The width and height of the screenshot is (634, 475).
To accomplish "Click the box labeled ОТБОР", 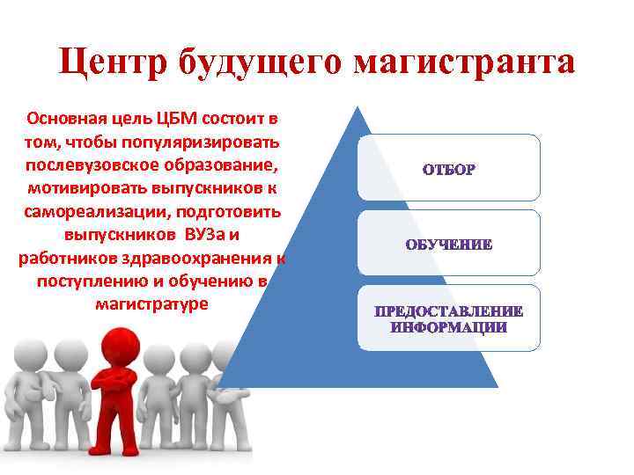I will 448,168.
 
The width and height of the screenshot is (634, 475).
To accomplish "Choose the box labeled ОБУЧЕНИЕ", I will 448,244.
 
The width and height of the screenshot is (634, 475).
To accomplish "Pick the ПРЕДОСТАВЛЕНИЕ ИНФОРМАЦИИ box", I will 448,319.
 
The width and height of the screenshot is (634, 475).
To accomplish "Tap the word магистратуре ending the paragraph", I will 151,304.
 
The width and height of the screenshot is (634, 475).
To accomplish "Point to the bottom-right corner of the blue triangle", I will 497,386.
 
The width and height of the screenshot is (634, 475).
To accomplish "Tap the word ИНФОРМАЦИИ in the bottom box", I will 448,327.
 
